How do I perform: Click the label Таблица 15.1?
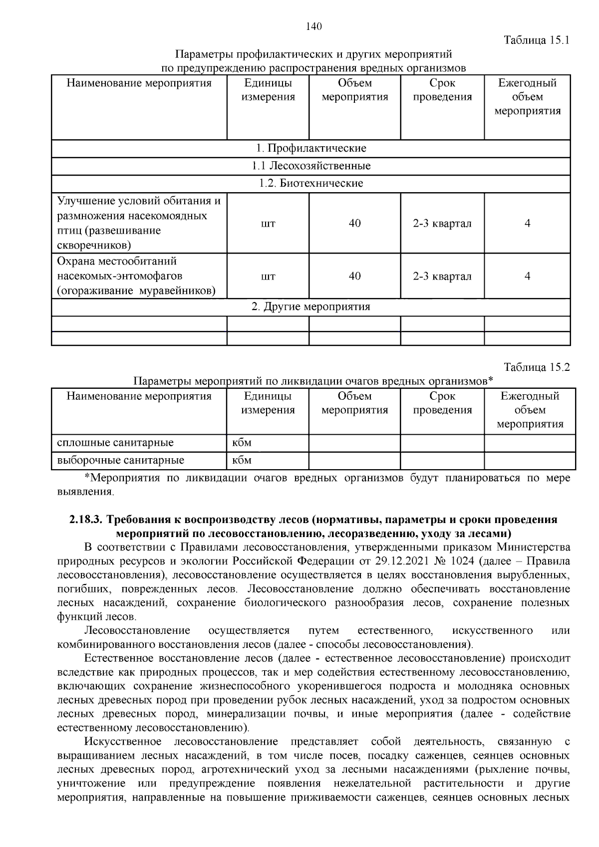tap(537, 40)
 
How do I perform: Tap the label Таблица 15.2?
tap(537, 367)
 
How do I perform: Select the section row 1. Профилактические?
tap(310, 148)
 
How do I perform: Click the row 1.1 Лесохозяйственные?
tap(310, 166)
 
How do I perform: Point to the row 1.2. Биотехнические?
tap(310, 183)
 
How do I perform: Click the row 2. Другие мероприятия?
tap(310, 306)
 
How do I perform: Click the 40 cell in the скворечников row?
tap(354, 223)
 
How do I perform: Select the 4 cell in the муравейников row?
tap(527, 276)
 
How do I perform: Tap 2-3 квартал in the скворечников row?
tap(442, 223)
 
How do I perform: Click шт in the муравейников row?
tap(268, 277)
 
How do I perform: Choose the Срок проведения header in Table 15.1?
tap(442, 90)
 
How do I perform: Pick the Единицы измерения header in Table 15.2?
tap(268, 403)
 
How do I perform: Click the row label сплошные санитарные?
tap(116, 442)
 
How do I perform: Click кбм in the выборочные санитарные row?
tap(242, 460)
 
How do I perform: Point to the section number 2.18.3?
tap(86, 520)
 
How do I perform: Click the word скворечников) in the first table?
tap(94, 245)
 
